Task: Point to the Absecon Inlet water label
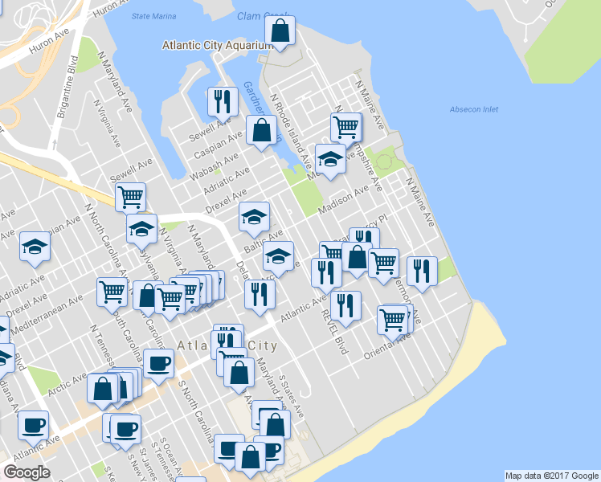tap(474, 108)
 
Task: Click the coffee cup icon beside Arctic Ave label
tap(157, 362)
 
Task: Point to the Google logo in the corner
tap(27, 472)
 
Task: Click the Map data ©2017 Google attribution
tap(551, 476)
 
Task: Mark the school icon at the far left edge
tap(35, 247)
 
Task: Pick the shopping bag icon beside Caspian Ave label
tap(263, 131)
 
